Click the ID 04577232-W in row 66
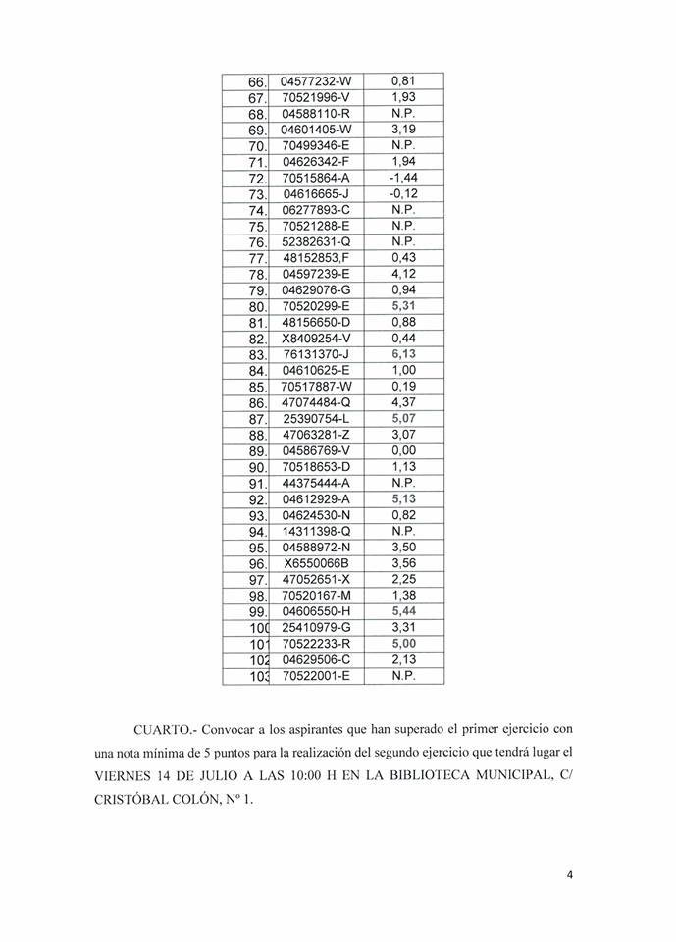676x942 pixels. point(316,81)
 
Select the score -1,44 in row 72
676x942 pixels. point(405,178)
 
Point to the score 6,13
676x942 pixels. point(405,354)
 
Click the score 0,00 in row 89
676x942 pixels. point(405,450)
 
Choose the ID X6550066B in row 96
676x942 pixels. point(316,563)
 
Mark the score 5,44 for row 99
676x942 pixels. point(405,611)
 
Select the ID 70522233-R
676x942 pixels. point(316,644)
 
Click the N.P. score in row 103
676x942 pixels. point(405,675)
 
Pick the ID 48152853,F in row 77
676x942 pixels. point(316,258)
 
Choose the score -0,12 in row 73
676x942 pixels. point(405,194)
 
